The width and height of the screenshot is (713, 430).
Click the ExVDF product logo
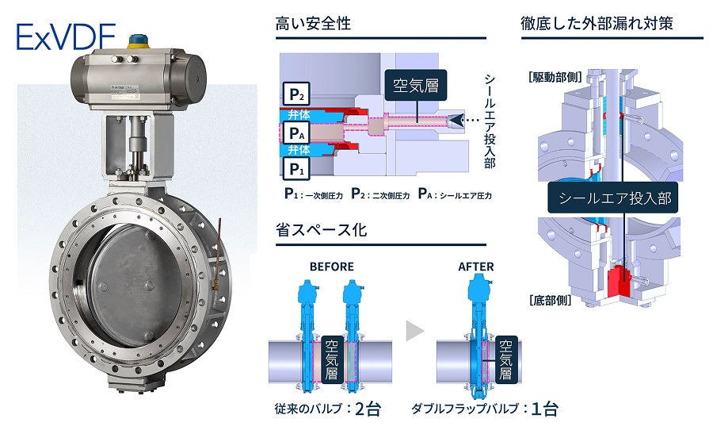coord(65,36)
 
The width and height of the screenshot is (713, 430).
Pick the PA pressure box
coord(295,132)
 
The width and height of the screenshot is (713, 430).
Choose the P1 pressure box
coord(295,168)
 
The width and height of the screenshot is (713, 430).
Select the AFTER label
coord(476,267)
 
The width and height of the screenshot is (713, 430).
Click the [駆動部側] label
coord(552,78)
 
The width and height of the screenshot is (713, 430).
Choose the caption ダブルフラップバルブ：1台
coord(484,409)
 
